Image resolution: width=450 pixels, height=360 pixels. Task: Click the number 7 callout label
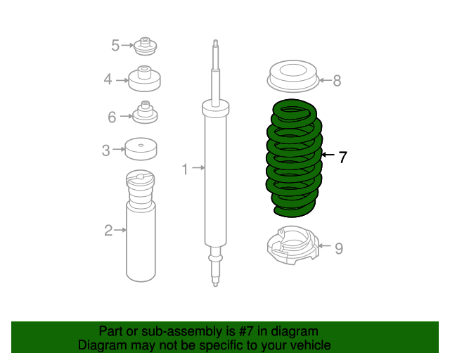point(342,157)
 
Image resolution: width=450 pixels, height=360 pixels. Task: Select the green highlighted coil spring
point(294,158)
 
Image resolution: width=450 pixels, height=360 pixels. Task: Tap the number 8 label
point(337,81)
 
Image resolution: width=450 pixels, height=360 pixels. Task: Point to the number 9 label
point(338,248)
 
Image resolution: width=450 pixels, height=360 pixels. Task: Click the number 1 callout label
point(186,169)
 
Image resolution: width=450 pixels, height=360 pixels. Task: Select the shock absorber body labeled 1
point(215,176)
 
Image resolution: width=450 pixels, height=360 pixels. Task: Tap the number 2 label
point(108,230)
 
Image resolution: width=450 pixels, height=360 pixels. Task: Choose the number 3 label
point(105,150)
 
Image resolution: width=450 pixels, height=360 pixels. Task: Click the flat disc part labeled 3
point(141,149)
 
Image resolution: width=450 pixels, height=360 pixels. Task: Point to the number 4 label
point(108,79)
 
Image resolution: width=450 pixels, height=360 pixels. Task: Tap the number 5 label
point(115,46)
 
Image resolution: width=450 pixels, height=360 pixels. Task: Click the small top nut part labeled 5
point(145,46)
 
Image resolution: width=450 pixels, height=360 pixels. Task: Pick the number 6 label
point(112,117)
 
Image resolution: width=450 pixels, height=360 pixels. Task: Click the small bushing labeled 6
point(146,113)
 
